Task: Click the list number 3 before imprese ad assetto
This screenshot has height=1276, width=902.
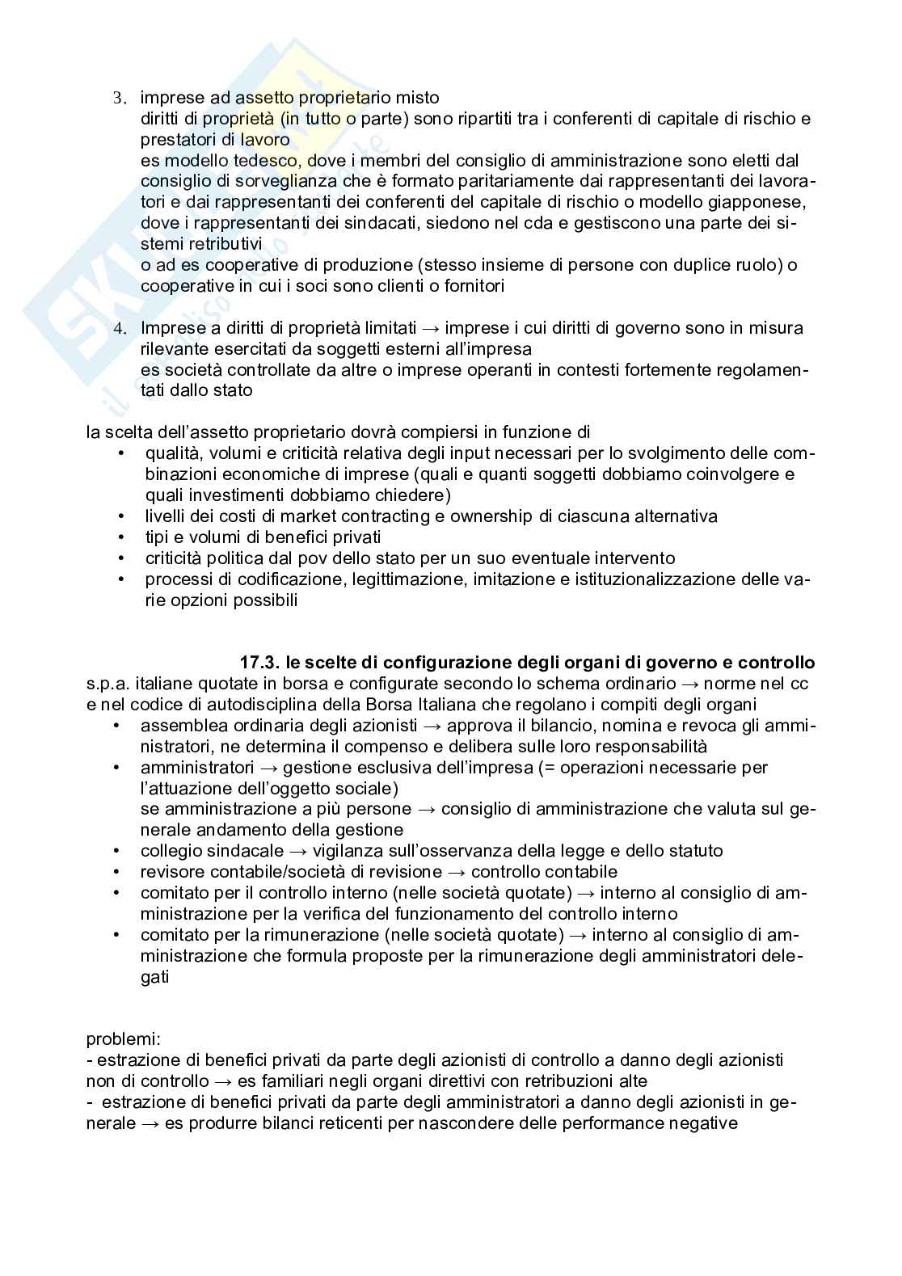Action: pyautogui.click(x=118, y=99)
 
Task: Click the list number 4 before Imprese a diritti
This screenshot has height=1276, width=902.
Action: pyautogui.click(x=119, y=329)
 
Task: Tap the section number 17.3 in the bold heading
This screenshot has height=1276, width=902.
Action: pyautogui.click(x=259, y=663)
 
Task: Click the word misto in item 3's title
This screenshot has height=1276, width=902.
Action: pyautogui.click(x=417, y=98)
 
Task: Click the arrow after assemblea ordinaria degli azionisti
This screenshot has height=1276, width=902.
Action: pyautogui.click(x=432, y=726)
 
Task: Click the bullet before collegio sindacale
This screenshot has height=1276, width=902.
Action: pyautogui.click(x=120, y=850)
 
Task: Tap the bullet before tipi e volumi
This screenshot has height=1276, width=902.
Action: pyautogui.click(x=121, y=537)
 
